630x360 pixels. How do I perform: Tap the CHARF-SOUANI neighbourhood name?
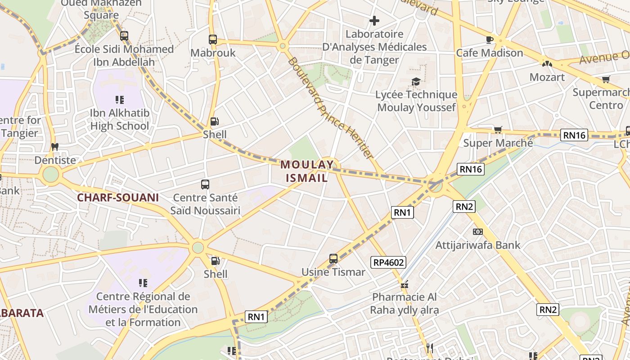click(118, 198)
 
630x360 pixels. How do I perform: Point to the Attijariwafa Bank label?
click(477, 245)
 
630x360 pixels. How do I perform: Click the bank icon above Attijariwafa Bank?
click(477, 232)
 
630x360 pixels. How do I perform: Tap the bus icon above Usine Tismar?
click(333, 259)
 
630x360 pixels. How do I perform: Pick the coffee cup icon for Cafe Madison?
click(490, 40)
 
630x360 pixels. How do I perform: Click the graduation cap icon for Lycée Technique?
click(416, 81)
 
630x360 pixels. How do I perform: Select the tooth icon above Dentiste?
click(55, 147)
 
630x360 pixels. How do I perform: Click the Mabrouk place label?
click(213, 53)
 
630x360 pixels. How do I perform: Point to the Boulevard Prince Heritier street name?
click(330, 108)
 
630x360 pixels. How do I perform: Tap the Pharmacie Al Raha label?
click(404, 304)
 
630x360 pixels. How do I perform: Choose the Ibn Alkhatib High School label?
click(120, 119)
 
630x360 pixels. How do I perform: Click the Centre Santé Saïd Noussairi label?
click(205, 204)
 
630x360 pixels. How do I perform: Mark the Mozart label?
click(547, 77)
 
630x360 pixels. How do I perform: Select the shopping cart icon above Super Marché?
click(498, 130)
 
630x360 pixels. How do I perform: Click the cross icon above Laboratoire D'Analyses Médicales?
click(374, 21)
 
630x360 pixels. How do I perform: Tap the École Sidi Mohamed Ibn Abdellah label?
click(124, 55)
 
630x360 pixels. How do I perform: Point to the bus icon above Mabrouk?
click(213, 40)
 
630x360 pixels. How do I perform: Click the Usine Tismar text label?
click(333, 272)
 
